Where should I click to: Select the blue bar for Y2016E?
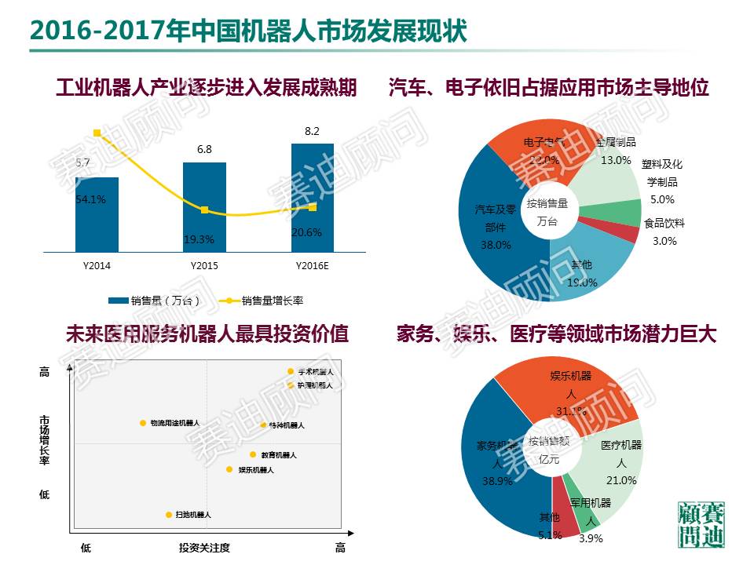pos(312,196)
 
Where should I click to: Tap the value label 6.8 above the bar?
pos(204,149)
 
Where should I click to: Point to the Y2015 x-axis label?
pos(204,266)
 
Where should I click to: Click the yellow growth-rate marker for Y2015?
pos(204,210)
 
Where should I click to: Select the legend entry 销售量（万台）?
pos(154,301)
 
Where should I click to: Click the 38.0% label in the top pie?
pos(495,245)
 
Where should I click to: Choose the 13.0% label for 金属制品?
pos(616,160)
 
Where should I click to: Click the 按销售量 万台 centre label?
pos(547,213)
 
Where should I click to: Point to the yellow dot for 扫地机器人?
pos(169,515)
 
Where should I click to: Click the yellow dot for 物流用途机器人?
pos(143,423)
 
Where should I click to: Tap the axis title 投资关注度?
pos(204,547)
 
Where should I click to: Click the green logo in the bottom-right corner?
pos(701,523)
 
